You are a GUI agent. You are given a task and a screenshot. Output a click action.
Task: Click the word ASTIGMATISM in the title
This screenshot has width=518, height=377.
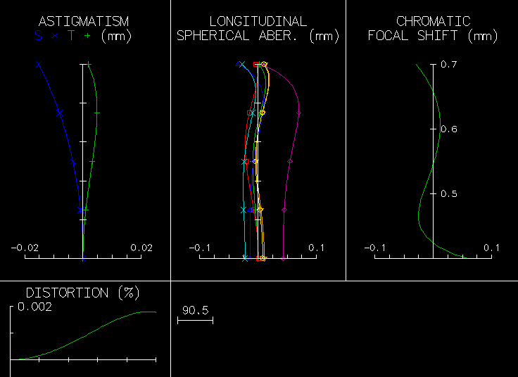(x=83, y=22)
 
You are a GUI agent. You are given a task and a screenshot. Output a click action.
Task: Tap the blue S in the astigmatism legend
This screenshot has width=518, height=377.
(x=39, y=36)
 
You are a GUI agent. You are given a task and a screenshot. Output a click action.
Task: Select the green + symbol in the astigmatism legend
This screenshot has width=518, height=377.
(x=87, y=36)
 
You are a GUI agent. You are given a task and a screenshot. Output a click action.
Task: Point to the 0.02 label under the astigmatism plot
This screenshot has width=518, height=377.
(x=141, y=248)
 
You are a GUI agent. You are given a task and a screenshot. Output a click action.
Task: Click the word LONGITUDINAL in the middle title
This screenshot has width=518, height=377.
(x=258, y=22)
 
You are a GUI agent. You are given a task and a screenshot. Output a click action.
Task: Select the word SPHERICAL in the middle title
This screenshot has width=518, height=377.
(x=210, y=36)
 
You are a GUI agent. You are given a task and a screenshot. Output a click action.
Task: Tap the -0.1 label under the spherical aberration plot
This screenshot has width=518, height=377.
(x=200, y=248)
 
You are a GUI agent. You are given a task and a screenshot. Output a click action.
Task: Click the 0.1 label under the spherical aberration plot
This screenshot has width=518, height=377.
(x=316, y=248)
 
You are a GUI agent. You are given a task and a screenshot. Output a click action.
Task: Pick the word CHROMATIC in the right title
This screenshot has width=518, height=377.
(x=433, y=22)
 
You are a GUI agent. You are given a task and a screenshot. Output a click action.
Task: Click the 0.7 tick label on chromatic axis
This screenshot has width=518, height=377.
(x=449, y=65)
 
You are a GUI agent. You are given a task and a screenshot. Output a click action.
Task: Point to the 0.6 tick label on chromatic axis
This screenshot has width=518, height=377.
(x=449, y=129)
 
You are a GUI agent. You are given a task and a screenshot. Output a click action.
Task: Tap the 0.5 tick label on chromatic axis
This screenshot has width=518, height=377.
(x=449, y=193)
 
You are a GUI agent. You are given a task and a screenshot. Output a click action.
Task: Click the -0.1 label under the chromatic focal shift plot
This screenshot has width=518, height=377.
(x=374, y=248)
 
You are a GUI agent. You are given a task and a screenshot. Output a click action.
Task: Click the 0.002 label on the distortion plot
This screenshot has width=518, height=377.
(x=34, y=307)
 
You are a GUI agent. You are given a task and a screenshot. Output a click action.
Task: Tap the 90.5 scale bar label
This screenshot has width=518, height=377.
(x=195, y=310)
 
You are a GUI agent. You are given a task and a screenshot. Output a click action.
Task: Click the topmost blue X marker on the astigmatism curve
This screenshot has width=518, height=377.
(x=39, y=65)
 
